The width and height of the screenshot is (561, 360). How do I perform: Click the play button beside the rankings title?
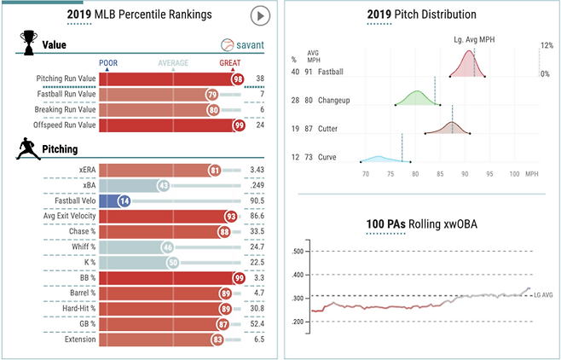260,16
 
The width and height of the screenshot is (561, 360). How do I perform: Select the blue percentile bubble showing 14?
124,200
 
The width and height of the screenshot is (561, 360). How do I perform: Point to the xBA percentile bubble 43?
162,185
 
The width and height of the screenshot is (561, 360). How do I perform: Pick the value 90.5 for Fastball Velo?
262,200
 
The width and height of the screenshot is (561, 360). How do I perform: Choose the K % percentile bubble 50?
173,262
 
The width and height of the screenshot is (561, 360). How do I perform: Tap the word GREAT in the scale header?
231,62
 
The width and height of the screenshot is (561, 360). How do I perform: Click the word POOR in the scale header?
108,62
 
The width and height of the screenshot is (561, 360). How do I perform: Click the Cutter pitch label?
327,129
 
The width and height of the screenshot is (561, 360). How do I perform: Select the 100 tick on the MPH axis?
514,174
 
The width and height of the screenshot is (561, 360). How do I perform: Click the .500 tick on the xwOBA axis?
298,252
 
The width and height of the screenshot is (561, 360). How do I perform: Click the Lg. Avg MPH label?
474,38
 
